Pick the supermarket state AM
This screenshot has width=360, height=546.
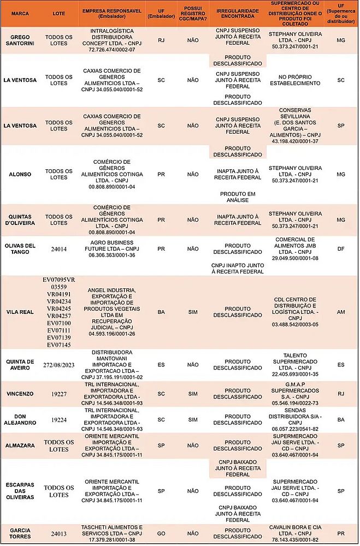point(341,312)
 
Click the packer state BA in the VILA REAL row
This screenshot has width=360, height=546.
point(161,312)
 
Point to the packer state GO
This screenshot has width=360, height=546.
point(161,534)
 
